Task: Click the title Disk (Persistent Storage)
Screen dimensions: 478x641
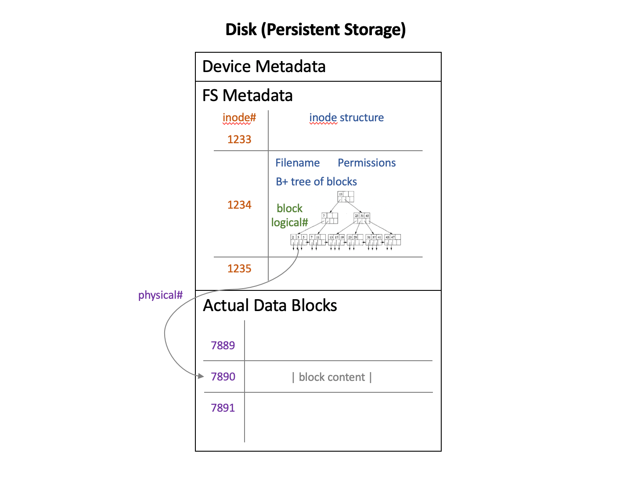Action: tap(315, 29)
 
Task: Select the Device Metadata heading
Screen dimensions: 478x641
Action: tap(264, 66)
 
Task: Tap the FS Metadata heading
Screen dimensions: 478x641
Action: tap(247, 95)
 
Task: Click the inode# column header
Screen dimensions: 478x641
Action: tap(239, 118)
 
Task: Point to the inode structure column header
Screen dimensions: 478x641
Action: tap(346, 118)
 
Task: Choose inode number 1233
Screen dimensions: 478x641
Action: tap(239, 139)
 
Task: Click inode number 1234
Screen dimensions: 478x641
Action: tap(239, 205)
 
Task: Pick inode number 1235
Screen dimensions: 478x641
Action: tap(239, 268)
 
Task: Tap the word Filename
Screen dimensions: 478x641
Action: tap(297, 163)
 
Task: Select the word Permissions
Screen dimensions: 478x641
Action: tap(367, 163)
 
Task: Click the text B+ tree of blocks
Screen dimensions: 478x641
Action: tap(316, 182)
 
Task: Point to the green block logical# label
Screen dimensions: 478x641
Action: tap(289, 215)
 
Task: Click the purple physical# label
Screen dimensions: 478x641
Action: tap(160, 295)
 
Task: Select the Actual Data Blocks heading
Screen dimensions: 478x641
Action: tap(270, 305)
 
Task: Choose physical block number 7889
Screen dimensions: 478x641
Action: tap(223, 345)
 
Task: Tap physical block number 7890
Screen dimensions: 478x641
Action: tap(223, 377)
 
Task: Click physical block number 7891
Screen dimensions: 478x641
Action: tap(223, 408)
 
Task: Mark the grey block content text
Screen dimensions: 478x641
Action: tap(332, 377)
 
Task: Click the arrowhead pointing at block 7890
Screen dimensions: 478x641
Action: tap(201, 376)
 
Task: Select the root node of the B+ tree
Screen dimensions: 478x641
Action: tap(346, 196)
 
